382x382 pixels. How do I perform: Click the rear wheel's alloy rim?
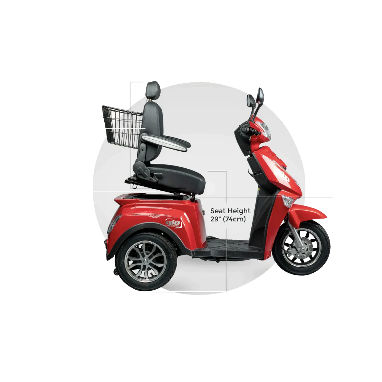point(146,262)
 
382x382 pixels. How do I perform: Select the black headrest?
point(153,89)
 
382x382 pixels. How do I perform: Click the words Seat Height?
point(230,211)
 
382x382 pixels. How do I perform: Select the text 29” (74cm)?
point(228,219)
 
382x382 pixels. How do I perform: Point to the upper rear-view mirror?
point(261,97)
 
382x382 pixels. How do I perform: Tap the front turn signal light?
point(288,202)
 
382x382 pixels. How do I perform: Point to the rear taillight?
point(113,224)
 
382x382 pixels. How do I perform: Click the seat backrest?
point(151,133)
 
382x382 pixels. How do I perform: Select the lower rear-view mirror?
point(251,101)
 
